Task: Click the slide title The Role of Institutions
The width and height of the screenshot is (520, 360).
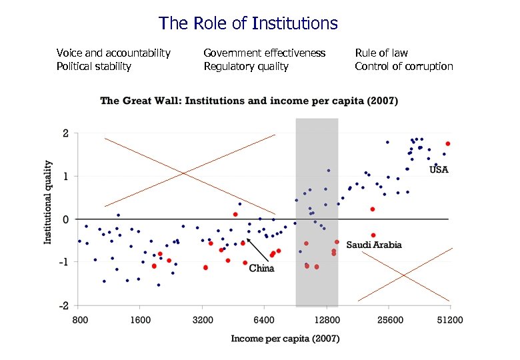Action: (x=248, y=24)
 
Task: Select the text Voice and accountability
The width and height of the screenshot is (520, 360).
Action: (x=113, y=53)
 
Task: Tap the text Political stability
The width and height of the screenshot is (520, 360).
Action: (x=94, y=66)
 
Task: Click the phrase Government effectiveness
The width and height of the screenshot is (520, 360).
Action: (x=264, y=53)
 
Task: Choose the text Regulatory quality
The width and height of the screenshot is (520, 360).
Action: (x=246, y=66)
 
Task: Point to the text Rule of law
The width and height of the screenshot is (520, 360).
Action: (x=381, y=53)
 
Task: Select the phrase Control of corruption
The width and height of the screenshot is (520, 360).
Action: (x=403, y=66)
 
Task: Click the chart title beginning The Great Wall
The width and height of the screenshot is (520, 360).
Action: (x=249, y=101)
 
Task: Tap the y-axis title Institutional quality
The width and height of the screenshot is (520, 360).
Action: (x=48, y=201)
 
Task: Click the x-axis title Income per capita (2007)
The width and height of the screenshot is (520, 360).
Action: (x=285, y=339)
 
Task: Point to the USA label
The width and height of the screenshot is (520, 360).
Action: (x=439, y=170)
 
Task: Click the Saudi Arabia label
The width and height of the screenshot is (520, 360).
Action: (x=374, y=245)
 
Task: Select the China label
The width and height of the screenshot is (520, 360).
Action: (x=261, y=269)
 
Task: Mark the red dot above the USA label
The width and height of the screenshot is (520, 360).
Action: (x=448, y=143)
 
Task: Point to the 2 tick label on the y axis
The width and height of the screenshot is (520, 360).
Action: (x=65, y=133)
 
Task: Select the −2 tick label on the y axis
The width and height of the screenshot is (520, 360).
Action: (x=64, y=305)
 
